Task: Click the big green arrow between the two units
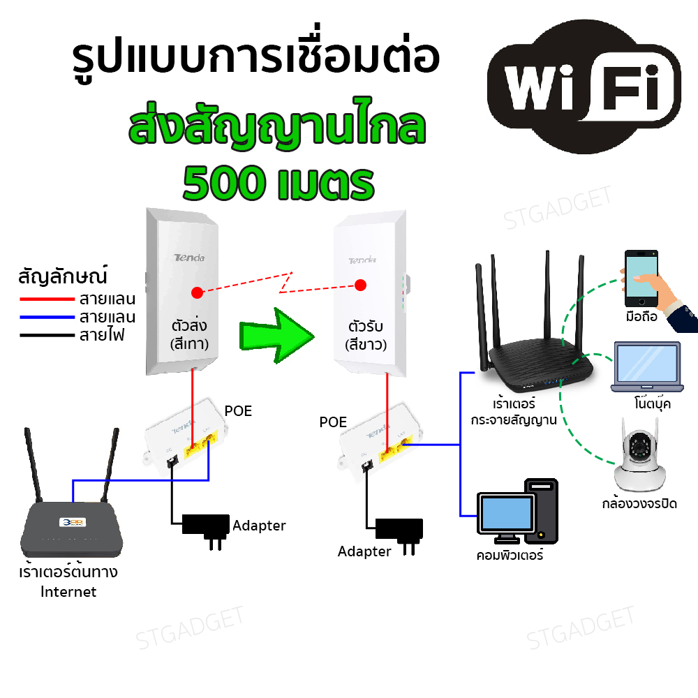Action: [x=276, y=336]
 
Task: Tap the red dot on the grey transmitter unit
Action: [x=198, y=292]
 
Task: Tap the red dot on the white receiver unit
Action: [x=361, y=285]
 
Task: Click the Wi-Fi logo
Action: [x=584, y=87]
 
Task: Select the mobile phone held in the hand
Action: [x=641, y=279]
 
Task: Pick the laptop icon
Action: [x=647, y=367]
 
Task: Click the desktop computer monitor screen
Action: [x=507, y=513]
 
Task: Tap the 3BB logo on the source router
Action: [x=73, y=522]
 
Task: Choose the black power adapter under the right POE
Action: [x=399, y=534]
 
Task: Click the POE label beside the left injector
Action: [x=238, y=411]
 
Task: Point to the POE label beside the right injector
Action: [x=333, y=422]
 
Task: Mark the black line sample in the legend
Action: [x=47, y=335]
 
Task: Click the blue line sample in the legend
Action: [x=47, y=317]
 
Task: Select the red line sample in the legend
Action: [x=47, y=299]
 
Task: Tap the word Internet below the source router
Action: [x=68, y=592]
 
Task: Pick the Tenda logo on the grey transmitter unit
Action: [x=189, y=258]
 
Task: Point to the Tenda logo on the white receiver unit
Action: [x=362, y=260]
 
